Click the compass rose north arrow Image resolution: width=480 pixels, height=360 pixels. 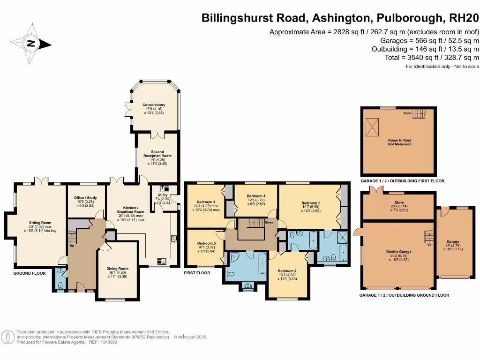[x=31, y=45]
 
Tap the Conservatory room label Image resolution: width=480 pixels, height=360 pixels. [x=154, y=105]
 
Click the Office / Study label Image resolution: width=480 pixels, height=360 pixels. [x=85, y=198]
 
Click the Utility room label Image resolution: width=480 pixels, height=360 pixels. [x=163, y=195]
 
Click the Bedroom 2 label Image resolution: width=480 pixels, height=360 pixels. [x=287, y=271]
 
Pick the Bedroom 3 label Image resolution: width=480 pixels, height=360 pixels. [x=206, y=202]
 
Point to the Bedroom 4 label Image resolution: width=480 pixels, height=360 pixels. [x=256, y=196]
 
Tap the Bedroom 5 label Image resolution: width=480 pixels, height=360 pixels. [x=206, y=244]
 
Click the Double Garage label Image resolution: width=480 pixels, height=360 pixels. [x=398, y=252]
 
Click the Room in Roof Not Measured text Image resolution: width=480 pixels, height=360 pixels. [x=399, y=142]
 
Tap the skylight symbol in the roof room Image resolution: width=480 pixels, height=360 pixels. [x=374, y=125]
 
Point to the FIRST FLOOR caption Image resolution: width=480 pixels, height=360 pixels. [x=197, y=272]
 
